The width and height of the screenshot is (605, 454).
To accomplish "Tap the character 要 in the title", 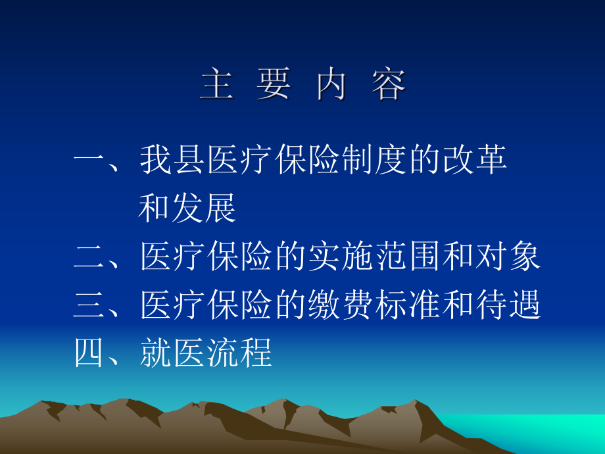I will point(274,85).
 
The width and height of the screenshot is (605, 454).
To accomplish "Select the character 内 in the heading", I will point(331,85).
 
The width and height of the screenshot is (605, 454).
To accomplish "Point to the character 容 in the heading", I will point(389,85).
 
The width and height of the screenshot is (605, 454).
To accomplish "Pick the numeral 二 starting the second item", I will point(89,256).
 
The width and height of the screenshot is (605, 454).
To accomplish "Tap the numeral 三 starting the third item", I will point(89,305).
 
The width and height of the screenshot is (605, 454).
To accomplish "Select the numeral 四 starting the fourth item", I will point(89,354).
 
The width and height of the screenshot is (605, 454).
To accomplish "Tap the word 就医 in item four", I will point(173,354).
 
